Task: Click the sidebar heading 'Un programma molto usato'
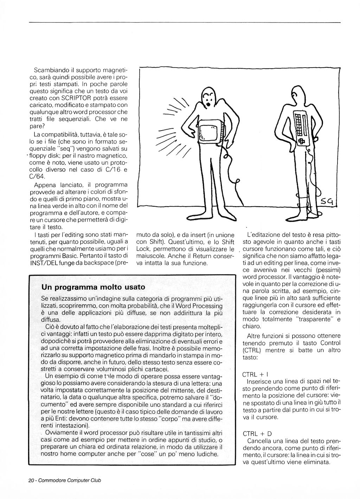(93, 287)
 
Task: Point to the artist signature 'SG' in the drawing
(328, 202)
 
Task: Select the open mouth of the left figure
(208, 104)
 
